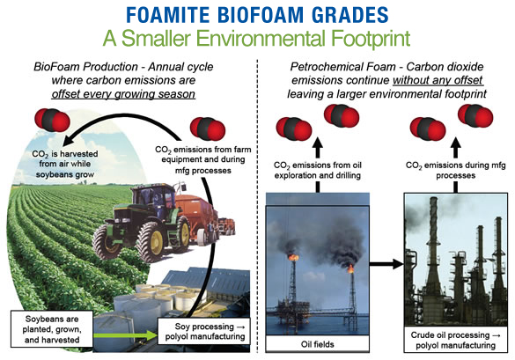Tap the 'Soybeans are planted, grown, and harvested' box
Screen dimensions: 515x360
[52, 329]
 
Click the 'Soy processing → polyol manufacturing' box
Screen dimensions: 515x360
[204, 331]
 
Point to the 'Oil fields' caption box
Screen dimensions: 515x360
[317, 344]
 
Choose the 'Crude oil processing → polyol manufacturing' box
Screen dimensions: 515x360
[455, 340]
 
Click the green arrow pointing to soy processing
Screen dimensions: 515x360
[126, 335]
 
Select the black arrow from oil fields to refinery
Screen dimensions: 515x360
[386, 263]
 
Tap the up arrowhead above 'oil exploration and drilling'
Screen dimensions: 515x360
[318, 143]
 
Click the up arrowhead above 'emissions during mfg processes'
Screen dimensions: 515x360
[455, 143]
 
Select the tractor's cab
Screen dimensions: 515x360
[154, 200]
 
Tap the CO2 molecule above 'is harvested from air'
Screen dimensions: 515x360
[52, 120]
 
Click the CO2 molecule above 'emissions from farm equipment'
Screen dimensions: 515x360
[208, 129]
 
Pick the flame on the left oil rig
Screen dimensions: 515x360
[293, 258]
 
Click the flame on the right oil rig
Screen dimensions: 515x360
[350, 269]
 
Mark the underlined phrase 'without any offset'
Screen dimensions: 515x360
[438, 80]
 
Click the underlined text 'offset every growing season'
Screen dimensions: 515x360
[123, 94]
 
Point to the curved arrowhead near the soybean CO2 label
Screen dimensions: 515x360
[70, 139]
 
